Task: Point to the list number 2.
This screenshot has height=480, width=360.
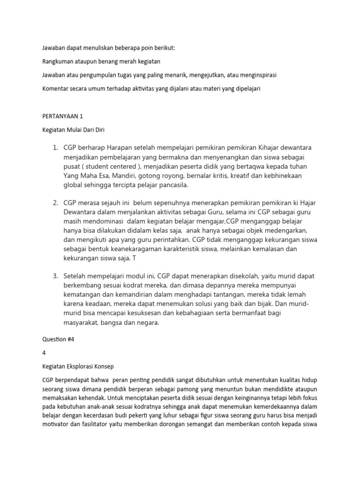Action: click(55, 202)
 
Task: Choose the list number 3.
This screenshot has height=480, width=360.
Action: click(55, 275)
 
